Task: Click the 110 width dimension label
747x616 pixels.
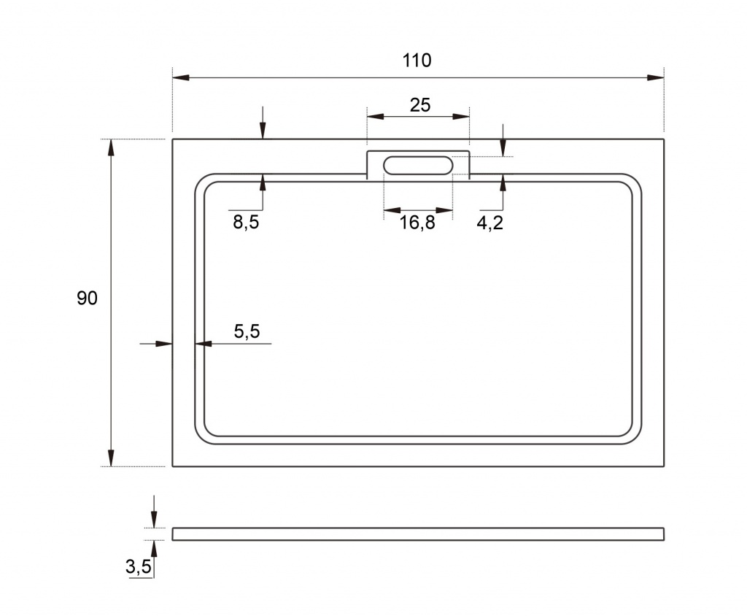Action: [x=417, y=61]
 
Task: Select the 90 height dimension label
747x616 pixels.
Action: [x=88, y=298]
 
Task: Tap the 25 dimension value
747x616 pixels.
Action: [x=419, y=105]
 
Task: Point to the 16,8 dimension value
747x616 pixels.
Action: [x=417, y=222]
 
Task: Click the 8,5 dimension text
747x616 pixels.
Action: [x=246, y=222]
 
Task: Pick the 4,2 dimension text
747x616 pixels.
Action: [x=489, y=222]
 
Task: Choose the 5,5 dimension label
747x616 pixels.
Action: [x=247, y=331]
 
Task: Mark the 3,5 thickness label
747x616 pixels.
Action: [x=138, y=566]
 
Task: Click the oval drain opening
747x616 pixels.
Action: [x=418, y=165]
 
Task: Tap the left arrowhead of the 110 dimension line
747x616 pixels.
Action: [x=181, y=77]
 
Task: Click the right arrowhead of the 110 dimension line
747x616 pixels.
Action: [x=656, y=77]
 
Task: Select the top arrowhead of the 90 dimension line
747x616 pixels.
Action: [x=111, y=147]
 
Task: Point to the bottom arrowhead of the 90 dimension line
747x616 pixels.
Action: [x=111, y=458]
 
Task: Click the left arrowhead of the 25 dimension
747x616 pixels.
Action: [x=376, y=116]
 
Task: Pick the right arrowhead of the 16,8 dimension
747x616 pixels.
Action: [x=444, y=210]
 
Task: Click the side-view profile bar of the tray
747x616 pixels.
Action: [x=418, y=534]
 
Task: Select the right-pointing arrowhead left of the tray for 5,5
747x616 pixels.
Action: [x=164, y=343]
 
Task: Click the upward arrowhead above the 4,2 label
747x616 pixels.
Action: [x=503, y=183]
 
